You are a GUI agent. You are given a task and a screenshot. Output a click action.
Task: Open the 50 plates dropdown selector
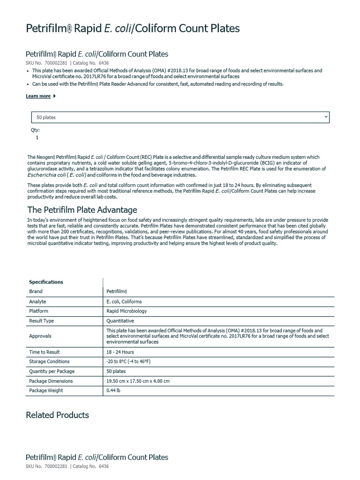click(180, 117)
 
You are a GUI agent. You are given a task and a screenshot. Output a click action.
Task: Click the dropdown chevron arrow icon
click(326, 117)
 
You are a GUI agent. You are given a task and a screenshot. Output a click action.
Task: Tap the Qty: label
click(36, 130)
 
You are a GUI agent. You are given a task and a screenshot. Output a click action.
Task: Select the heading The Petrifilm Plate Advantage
click(82, 210)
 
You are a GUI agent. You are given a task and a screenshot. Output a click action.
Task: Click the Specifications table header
click(46, 282)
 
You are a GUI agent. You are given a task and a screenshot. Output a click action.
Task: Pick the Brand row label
click(36, 292)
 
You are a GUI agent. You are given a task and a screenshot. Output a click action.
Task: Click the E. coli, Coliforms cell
click(124, 302)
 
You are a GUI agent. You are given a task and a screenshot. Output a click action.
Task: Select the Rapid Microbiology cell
click(127, 311)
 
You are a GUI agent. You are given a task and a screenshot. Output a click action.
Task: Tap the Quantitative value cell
click(120, 321)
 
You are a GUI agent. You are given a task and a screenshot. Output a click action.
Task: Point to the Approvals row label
click(40, 336)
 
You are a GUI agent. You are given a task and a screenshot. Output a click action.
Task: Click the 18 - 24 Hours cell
click(120, 352)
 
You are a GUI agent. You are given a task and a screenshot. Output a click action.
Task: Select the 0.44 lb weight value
click(114, 390)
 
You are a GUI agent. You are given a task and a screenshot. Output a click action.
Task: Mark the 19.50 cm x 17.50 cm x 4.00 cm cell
click(138, 381)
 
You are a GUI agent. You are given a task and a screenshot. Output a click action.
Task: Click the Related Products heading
click(57, 415)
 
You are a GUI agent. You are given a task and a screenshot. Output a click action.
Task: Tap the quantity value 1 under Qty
click(37, 138)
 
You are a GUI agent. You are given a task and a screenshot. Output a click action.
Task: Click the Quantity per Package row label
click(52, 371)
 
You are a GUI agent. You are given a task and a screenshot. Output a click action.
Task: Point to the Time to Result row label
click(45, 352)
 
